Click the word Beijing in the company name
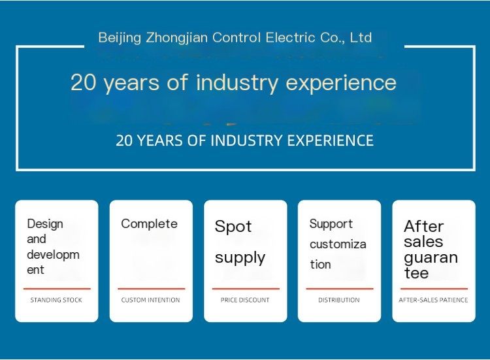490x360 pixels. point(120,38)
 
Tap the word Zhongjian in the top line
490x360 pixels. point(177,38)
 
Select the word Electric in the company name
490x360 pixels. point(286,37)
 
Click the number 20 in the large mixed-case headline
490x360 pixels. point(83,82)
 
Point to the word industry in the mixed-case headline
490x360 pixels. point(237,83)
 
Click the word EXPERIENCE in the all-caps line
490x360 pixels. point(331,140)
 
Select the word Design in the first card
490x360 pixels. point(45,224)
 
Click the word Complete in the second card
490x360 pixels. point(149,224)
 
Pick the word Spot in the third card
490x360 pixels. point(233,226)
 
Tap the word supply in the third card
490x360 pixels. point(240,258)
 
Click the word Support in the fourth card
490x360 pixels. point(331,224)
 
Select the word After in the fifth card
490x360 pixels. point(423,226)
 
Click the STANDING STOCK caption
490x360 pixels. point(56,300)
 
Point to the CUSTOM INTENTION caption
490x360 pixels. point(151,300)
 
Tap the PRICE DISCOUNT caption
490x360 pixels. point(245,300)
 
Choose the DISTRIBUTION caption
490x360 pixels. point(339,300)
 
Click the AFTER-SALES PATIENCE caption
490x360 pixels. point(433,300)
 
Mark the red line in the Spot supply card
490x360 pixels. point(246,289)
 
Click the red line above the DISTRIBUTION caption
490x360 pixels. point(340,289)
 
